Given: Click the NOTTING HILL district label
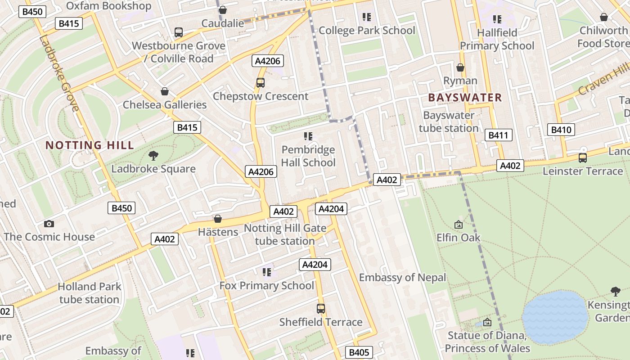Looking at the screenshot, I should [x=90, y=145].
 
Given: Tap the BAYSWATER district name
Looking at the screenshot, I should [x=465, y=98].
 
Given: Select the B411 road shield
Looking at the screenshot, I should [x=499, y=135].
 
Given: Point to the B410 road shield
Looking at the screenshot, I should [x=561, y=130].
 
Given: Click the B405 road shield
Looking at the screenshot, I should [x=359, y=352].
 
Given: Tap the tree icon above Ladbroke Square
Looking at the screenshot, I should [x=153, y=156].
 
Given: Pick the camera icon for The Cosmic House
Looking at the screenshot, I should [x=49, y=224].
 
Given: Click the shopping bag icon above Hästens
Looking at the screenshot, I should [x=218, y=219].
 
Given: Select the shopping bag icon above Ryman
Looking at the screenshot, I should [x=460, y=67].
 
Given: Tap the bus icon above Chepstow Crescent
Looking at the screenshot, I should [x=261, y=83].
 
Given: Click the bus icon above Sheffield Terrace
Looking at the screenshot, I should [x=320, y=309].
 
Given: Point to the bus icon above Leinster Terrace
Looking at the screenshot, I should [x=583, y=158].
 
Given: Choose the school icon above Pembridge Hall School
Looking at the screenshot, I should [x=308, y=136].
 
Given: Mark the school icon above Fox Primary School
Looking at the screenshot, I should [x=267, y=272].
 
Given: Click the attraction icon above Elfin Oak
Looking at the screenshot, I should [x=458, y=224].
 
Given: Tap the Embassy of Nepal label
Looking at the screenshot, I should [x=402, y=277].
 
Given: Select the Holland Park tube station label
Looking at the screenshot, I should [x=89, y=293].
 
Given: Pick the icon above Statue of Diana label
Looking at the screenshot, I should [x=487, y=322].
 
